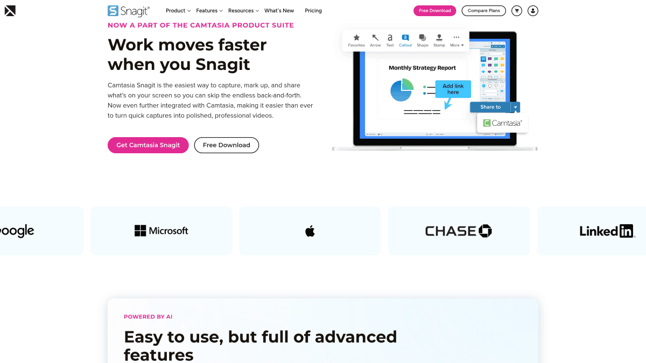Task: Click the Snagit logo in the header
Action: tap(129, 11)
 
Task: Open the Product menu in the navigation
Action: tap(178, 11)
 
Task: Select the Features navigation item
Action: tap(209, 11)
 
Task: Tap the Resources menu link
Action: tap(243, 11)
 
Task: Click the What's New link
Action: tap(279, 11)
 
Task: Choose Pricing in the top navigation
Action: tap(313, 11)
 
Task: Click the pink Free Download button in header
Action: tap(434, 11)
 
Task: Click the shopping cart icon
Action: tap(517, 11)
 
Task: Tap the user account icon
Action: tap(532, 11)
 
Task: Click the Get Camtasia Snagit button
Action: tap(148, 145)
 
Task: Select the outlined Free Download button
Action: tap(226, 145)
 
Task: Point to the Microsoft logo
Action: tap(161, 231)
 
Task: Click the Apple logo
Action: tap(310, 231)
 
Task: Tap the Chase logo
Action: tap(458, 231)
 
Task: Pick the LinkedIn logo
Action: tap(607, 231)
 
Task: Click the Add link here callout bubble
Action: tap(453, 89)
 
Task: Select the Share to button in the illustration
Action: tap(490, 107)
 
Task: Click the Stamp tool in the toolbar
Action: tap(439, 40)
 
